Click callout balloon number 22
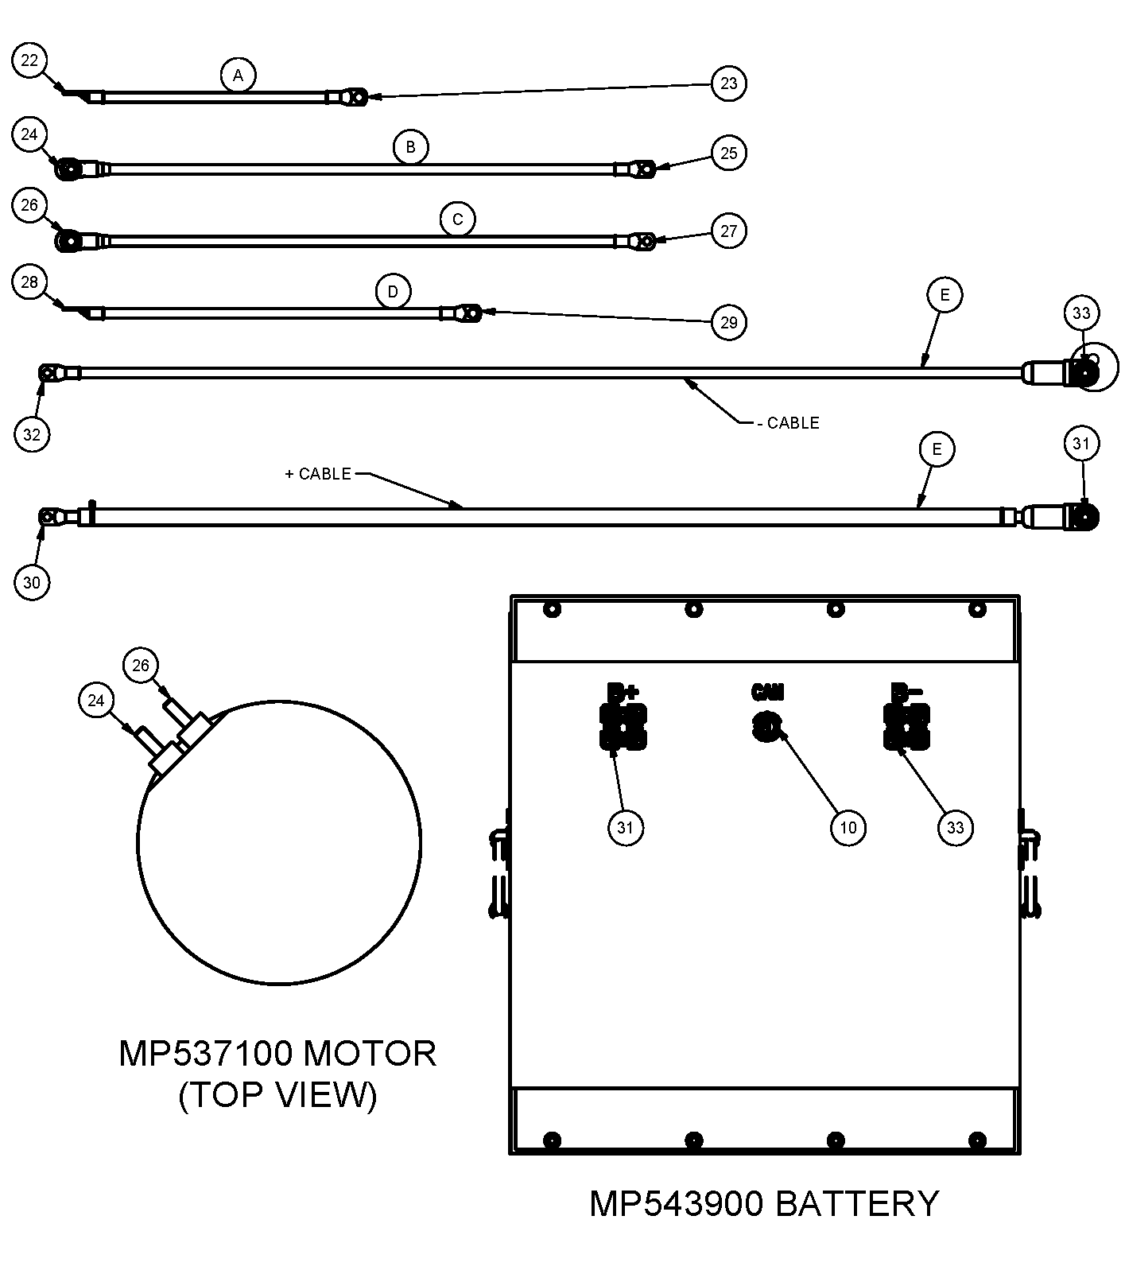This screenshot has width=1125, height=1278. click(x=30, y=61)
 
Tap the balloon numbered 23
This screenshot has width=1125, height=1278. click(x=728, y=84)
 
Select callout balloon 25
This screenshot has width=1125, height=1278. click(x=728, y=153)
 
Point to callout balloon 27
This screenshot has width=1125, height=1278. click(x=728, y=231)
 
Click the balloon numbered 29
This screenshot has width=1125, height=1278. click(x=728, y=322)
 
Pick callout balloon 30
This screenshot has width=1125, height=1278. click(x=32, y=582)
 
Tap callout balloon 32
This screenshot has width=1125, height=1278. click(x=32, y=434)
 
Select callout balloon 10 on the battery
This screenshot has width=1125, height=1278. click(x=848, y=828)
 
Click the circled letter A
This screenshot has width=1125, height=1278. click(x=238, y=76)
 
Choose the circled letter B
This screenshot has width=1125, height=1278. click(x=410, y=147)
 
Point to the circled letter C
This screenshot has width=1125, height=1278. click(x=457, y=219)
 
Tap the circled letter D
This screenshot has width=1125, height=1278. click(x=393, y=292)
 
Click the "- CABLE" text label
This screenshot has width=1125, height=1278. click(x=788, y=423)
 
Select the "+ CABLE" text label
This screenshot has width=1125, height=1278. click(x=318, y=474)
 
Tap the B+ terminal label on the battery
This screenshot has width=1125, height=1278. click(x=623, y=691)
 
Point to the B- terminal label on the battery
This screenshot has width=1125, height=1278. click(x=906, y=691)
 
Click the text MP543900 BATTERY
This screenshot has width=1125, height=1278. click(x=764, y=1203)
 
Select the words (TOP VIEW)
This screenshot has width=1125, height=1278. click(x=277, y=1096)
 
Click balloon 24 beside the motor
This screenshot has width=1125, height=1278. click(x=96, y=701)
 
